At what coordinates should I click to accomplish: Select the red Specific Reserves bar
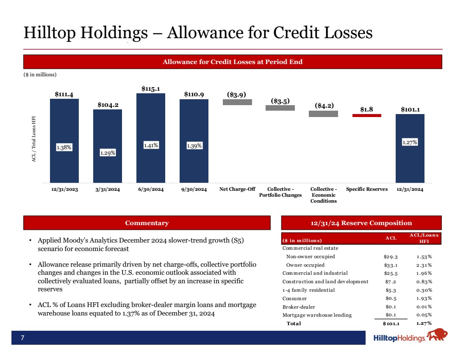pyautogui.click(x=367, y=115)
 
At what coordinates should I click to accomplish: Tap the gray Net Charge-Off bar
pyautogui.click(x=237, y=102)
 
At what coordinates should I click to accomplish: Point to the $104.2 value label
pyautogui.click(x=108, y=104)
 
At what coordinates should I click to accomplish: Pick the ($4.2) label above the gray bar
pyautogui.click(x=323, y=105)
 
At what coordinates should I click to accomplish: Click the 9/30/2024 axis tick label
pyautogui.click(x=194, y=190)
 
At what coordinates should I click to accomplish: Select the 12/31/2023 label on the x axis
pyautogui.click(x=64, y=190)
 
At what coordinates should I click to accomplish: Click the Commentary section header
pyautogui.click(x=147, y=223)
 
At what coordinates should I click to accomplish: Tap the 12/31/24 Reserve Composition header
pyautogui.click(x=361, y=223)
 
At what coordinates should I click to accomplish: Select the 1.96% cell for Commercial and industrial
pyautogui.click(x=424, y=273)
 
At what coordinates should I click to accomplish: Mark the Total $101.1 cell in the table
pyautogui.click(x=391, y=324)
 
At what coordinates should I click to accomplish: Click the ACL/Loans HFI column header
pyautogui.click(x=424, y=238)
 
